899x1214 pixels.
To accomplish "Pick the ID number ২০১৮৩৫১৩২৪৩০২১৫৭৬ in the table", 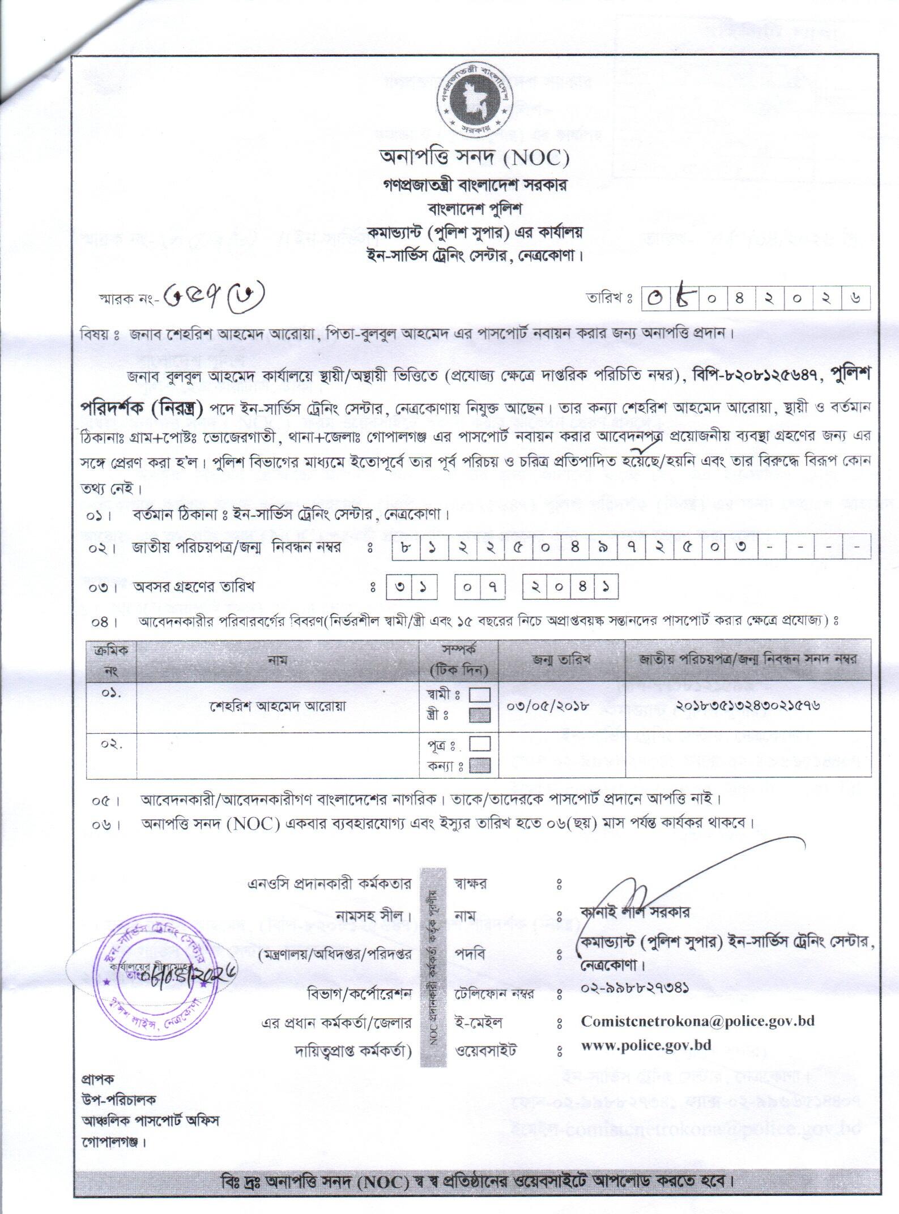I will (748, 706).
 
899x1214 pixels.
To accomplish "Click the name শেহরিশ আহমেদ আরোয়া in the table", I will (278, 706).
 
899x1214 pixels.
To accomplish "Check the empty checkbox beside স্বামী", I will (480, 694).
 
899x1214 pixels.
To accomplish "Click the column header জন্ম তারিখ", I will (561, 660).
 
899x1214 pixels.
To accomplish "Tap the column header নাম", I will (278, 660).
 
